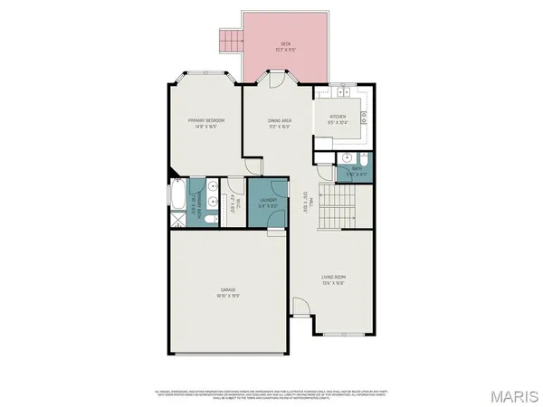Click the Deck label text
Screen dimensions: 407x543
pos(285,45)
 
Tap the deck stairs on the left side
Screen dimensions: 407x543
pos(230,40)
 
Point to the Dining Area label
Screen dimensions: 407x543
pos(279,123)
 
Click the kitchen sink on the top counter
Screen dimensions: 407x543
pos(344,92)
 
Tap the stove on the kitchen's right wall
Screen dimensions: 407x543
pos(364,116)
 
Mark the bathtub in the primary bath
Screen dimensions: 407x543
pos(176,194)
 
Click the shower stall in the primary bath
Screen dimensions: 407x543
pos(176,218)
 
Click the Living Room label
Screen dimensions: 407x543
pos(333,279)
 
